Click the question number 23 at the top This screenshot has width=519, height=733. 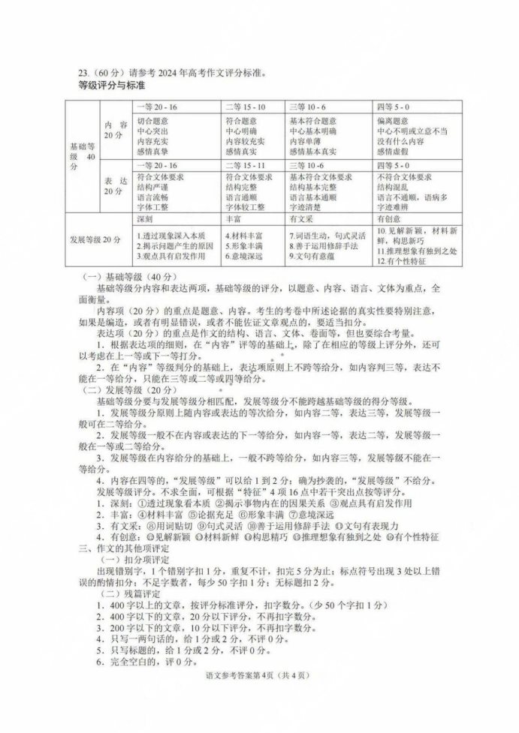84,74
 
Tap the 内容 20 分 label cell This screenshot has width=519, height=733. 114,130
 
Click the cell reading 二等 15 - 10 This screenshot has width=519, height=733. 246,107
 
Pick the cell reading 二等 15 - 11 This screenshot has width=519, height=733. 246,164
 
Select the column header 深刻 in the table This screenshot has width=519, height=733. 146,218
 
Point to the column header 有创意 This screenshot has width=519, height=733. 390,218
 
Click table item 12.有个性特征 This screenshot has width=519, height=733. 401,261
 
